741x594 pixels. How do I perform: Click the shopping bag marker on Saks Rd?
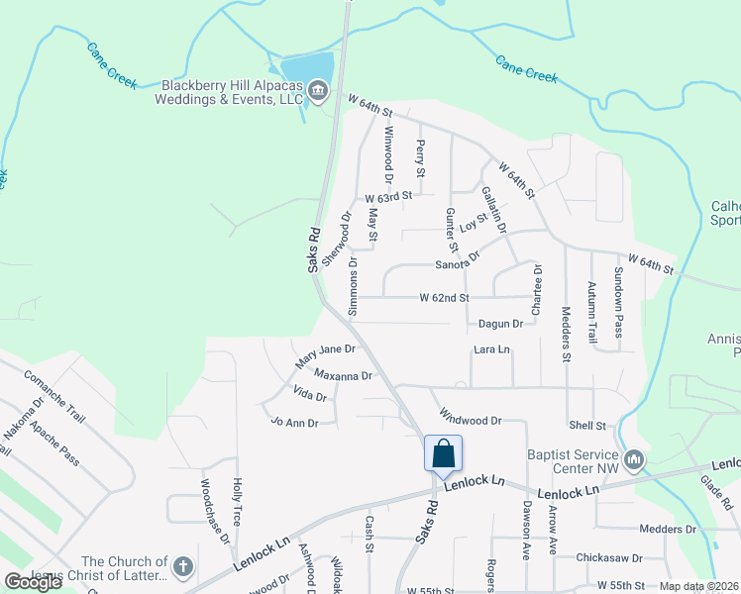[444, 453]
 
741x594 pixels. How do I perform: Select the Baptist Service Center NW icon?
[635, 459]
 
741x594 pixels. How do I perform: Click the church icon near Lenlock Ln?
[182, 567]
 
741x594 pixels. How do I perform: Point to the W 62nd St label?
[444, 297]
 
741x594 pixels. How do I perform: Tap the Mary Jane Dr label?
[325, 356]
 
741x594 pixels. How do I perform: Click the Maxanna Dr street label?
[343, 376]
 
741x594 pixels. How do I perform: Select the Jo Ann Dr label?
[294, 423]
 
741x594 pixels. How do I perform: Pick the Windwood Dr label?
[471, 420]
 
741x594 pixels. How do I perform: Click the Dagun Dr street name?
[500, 324]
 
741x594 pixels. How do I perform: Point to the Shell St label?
[587, 426]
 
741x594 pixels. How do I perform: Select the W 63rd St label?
[387, 197]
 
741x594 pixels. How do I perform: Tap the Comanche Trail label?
[56, 388]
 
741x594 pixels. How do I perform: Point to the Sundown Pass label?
[619, 302]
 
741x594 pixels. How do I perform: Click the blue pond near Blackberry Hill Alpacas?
[307, 68]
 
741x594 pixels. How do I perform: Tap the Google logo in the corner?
[33, 582]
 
